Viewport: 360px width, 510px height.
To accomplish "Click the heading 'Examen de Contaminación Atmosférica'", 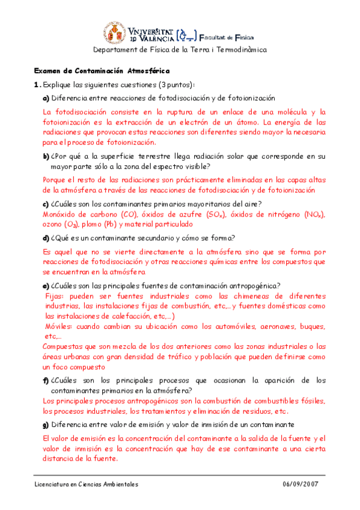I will click(x=102, y=70).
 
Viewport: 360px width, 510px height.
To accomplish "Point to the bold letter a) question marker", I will click(x=46, y=97).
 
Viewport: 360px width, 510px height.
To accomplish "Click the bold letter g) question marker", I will click(x=46, y=425).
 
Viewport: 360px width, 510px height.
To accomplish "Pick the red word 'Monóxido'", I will click(x=58, y=214).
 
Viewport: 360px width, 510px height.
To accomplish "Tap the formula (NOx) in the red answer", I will click(x=313, y=214).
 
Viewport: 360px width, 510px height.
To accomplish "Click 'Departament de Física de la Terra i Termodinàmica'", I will click(x=180, y=50).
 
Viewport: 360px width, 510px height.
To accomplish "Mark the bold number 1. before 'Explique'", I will click(x=37, y=85).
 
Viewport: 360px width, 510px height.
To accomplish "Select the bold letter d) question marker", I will click(x=46, y=238).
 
